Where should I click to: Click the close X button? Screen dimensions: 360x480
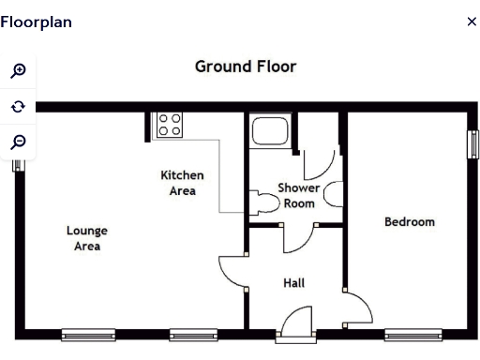tap(472, 22)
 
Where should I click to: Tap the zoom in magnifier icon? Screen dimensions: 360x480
tap(18, 71)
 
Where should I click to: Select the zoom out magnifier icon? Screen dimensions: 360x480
tap(18, 142)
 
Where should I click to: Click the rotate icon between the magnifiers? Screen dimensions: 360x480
tap(18, 107)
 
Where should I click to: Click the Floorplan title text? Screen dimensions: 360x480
tap(36, 22)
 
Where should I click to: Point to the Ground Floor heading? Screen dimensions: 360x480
tap(246, 67)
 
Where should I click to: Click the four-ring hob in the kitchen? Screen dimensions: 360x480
tap(169, 125)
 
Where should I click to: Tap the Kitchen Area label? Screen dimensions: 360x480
tap(182, 183)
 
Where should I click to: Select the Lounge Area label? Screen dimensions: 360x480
tap(86, 238)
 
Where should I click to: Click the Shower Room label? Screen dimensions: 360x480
tap(299, 195)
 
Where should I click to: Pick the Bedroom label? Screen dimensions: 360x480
tap(410, 222)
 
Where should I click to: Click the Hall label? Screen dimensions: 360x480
tap(293, 282)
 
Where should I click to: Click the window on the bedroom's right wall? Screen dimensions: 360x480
tap(472, 143)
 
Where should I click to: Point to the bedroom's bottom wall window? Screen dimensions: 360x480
tap(412, 335)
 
